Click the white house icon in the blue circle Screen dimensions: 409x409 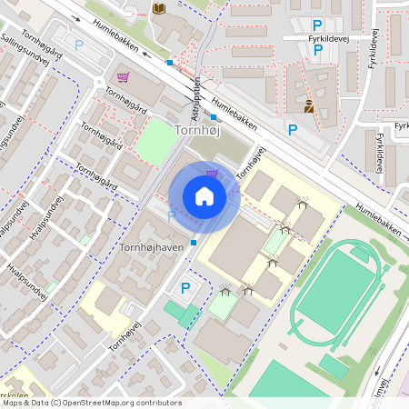coord(204,196)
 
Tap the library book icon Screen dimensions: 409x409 coord(160,9)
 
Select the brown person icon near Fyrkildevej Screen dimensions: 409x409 coord(309,105)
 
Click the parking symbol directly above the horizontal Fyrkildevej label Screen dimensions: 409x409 coord(317,25)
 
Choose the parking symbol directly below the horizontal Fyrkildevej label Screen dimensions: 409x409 coord(317,51)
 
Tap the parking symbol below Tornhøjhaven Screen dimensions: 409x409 coord(185,288)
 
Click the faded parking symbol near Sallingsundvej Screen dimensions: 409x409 coord(79,44)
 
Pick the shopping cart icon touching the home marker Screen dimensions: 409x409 coord(212,174)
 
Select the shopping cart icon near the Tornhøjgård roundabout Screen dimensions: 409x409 coord(123,76)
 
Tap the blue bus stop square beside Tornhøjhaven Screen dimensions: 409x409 coord(194,243)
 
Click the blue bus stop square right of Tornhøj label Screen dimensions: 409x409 coord(214,116)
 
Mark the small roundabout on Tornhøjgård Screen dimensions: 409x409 coord(98,85)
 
